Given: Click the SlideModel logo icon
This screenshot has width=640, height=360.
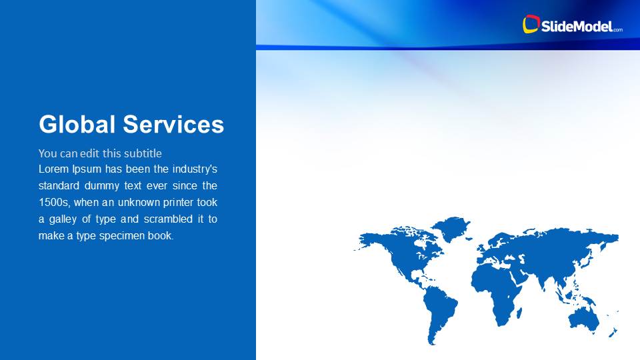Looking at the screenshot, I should (531, 25).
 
